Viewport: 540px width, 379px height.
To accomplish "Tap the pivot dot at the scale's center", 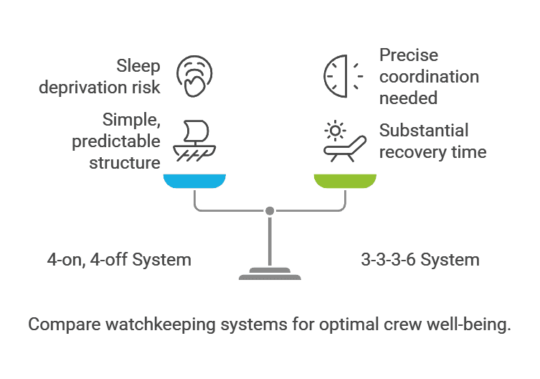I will [x=270, y=211].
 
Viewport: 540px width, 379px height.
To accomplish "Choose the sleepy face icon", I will [x=195, y=75].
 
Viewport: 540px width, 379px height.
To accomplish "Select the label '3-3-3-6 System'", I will [x=420, y=259].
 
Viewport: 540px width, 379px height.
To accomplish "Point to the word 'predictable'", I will [x=116, y=141].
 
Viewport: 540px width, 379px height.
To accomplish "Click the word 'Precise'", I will [x=409, y=55].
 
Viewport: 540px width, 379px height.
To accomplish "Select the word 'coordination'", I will [x=429, y=77].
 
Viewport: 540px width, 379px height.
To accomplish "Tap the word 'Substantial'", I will [x=424, y=131].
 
